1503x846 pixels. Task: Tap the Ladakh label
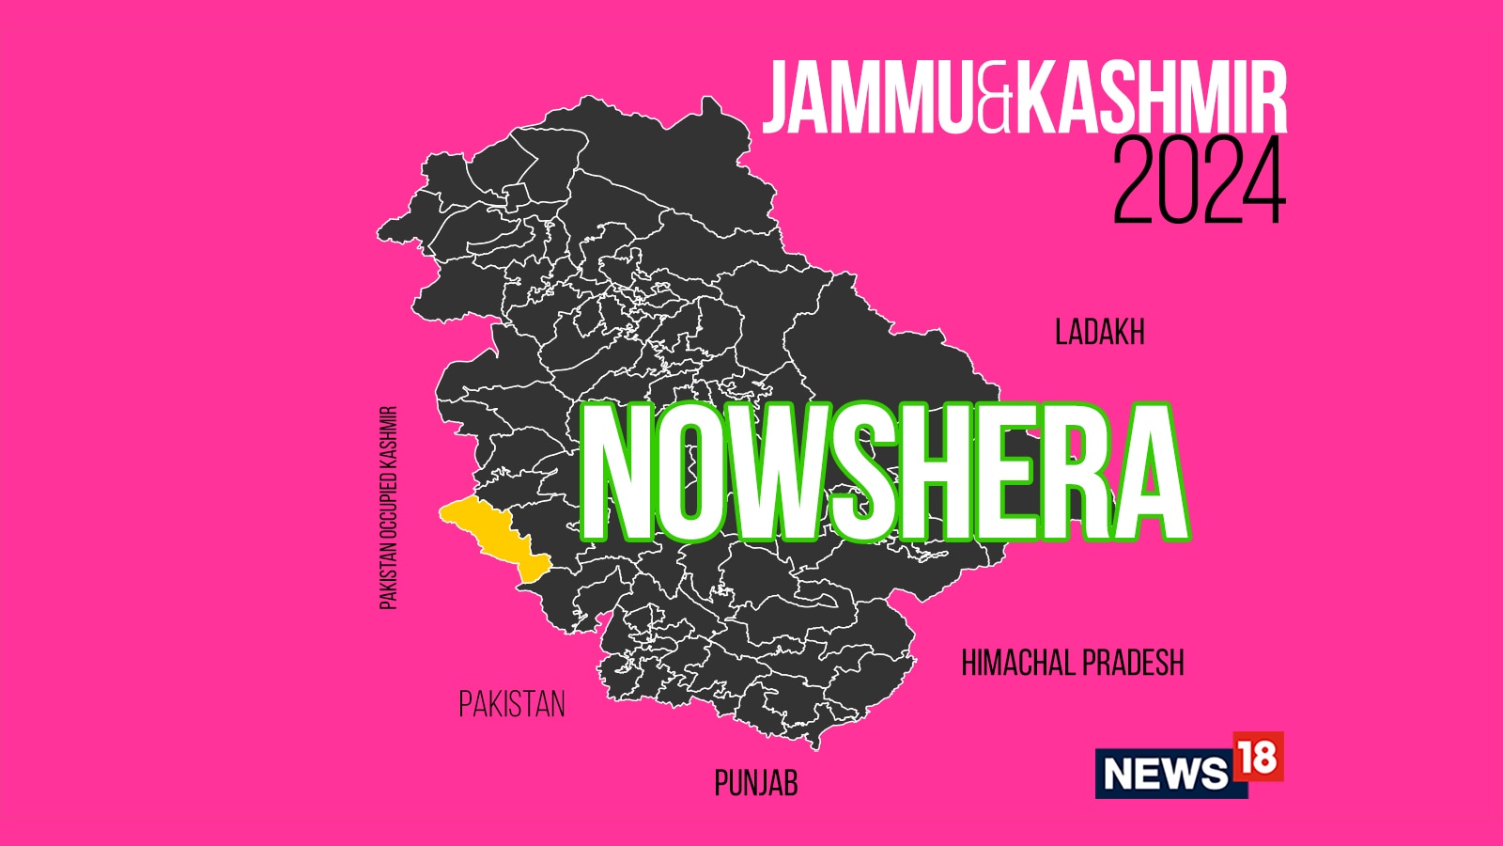(x=1099, y=333)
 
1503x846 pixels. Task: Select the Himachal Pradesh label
(x=1072, y=664)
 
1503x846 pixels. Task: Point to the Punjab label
(x=755, y=783)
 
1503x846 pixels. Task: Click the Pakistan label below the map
(x=512, y=704)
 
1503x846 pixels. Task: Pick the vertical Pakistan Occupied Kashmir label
(x=389, y=508)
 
